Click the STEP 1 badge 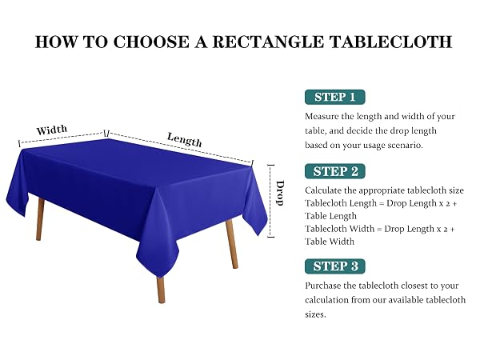(x=335, y=97)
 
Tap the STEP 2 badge (x=335, y=171)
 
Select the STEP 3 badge (x=335, y=266)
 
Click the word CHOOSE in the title (x=151, y=42)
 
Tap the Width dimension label (x=52, y=130)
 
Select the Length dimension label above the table (x=185, y=140)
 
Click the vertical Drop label (x=280, y=193)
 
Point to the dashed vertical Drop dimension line (x=271, y=201)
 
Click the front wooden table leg (x=161, y=290)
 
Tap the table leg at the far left (x=40, y=219)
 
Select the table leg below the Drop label (x=232, y=244)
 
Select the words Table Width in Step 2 (x=330, y=242)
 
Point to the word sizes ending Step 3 (x=315, y=314)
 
